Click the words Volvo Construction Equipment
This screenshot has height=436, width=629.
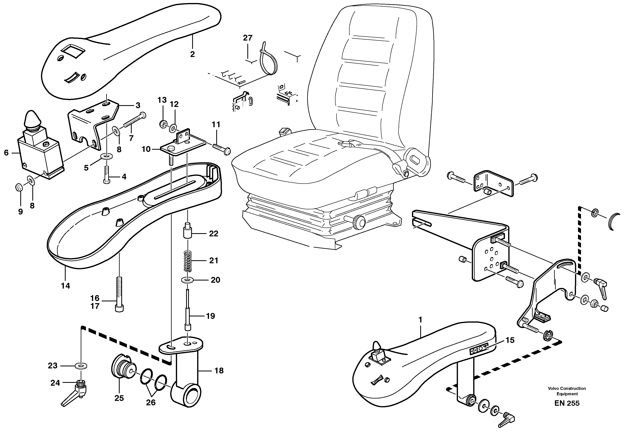567,391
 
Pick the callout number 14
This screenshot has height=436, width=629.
65,286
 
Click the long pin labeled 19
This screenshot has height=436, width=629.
188,311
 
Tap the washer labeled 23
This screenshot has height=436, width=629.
81,366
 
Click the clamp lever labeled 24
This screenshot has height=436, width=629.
75,393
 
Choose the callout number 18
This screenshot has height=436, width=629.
219,371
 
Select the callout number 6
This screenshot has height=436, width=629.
6,153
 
